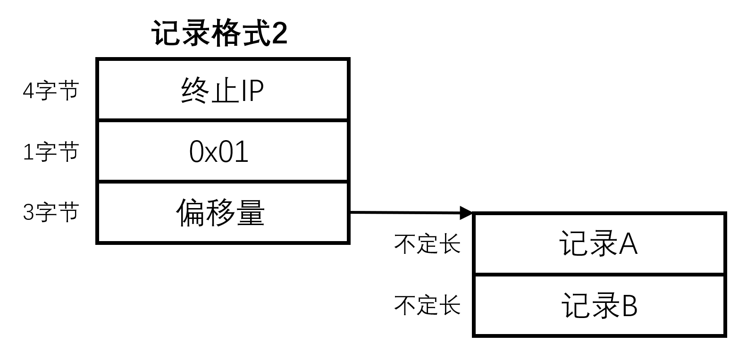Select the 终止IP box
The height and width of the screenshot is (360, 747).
(x=222, y=90)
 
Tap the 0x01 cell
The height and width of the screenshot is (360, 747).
(x=222, y=151)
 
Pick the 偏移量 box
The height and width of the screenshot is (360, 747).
(x=222, y=212)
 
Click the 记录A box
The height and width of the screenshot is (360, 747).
(x=599, y=244)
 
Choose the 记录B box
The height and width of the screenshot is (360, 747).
(x=599, y=305)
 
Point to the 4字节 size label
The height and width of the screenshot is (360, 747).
(x=50, y=90)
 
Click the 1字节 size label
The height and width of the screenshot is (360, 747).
(x=50, y=151)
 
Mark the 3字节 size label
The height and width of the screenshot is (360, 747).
(x=50, y=212)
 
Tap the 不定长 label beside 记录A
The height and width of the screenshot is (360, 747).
(x=427, y=244)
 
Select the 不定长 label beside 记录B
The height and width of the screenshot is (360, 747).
(x=427, y=305)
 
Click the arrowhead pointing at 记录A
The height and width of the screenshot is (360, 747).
(x=466, y=213)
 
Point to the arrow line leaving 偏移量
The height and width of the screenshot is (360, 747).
(x=406, y=213)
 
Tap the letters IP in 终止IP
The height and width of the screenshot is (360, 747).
(x=252, y=91)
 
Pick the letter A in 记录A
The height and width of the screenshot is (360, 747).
(x=628, y=244)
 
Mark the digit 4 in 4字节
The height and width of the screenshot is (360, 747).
(x=28, y=91)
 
